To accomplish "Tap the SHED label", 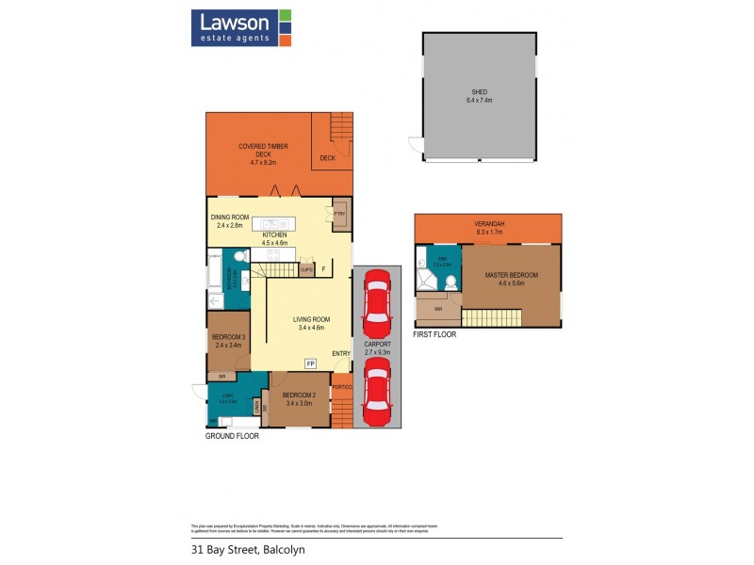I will coord(480,92).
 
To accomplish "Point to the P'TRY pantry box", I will coord(340,216).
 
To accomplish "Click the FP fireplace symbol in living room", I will coord(310,363).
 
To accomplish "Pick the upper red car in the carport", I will coord(376,303).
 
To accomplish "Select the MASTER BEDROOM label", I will coord(511,275).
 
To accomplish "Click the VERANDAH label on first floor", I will coord(489,224).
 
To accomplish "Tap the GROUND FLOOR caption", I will coord(232,436).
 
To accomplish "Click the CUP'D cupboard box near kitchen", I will coord(306,269).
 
